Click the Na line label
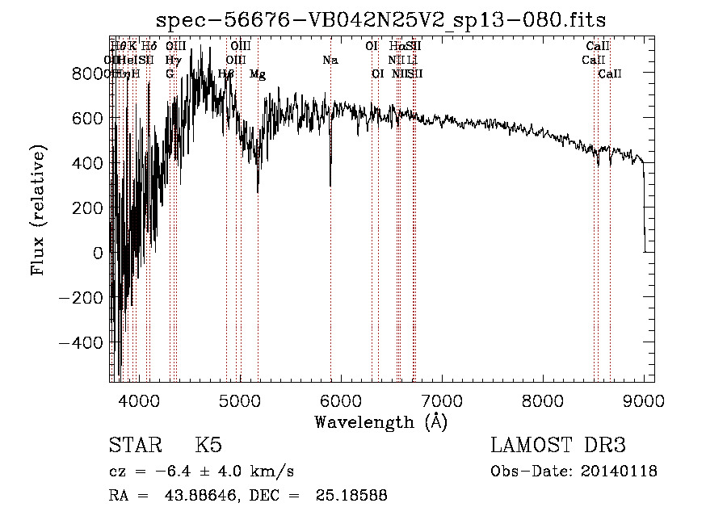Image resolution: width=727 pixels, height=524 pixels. (x=330, y=60)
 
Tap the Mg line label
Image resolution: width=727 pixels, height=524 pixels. (x=258, y=74)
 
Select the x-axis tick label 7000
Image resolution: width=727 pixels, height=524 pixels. (x=441, y=400)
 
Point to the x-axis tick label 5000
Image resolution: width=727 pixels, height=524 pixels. (x=239, y=400)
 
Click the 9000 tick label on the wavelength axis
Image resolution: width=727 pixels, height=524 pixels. (x=644, y=400)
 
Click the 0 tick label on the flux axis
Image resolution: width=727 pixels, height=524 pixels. (x=98, y=253)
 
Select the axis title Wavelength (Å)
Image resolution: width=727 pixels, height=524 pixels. (x=380, y=421)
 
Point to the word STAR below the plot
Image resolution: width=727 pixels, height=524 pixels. (x=131, y=446)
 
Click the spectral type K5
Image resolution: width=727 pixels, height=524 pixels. (x=208, y=446)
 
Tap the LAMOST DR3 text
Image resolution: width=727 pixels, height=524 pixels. (x=558, y=446)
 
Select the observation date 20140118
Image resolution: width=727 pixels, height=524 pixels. (x=624, y=472)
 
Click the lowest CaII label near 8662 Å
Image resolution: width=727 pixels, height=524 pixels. (x=610, y=74)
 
